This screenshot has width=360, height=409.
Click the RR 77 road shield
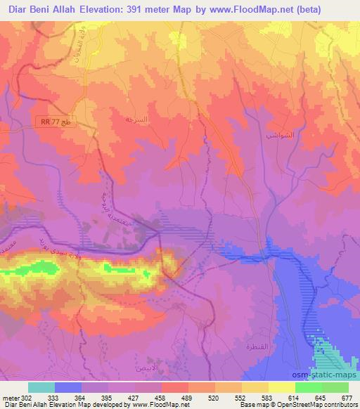[x=56, y=122]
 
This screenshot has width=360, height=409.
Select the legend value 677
[x=345, y=397]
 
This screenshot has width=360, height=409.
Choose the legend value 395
[x=108, y=397]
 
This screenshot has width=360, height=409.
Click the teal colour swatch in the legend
[x=41, y=387]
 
